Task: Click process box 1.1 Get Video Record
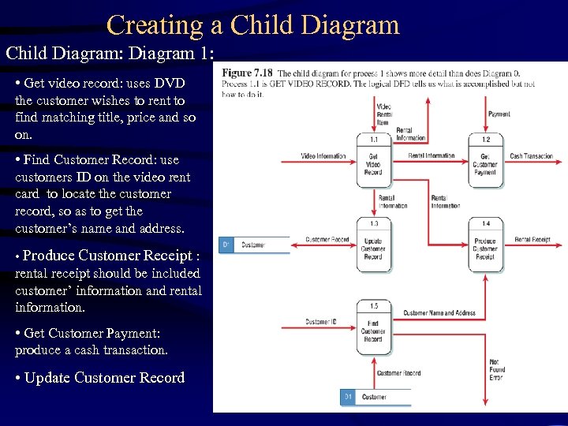pos(373,162)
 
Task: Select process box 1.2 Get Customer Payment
pos(485,162)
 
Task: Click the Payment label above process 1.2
pos(499,114)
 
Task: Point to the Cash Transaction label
pos(532,156)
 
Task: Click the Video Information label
pos(323,156)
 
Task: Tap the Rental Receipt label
pos(532,239)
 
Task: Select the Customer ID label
pos(321,322)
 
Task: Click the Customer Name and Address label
pos(439,313)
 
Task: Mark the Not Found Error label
pos(497,370)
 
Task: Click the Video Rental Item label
pos(384,114)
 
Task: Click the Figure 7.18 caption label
pos(248,73)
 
